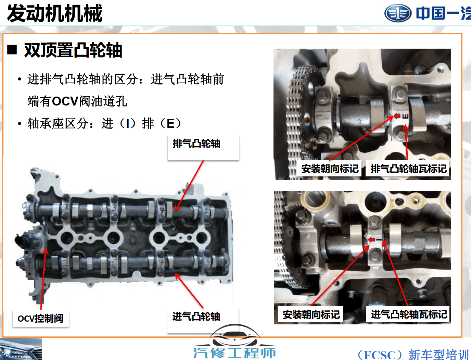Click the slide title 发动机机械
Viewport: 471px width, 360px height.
(55, 14)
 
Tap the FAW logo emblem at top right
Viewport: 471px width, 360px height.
(398, 13)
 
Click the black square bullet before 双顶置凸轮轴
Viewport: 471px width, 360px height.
(12, 50)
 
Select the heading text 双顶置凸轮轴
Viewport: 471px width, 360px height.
(73, 50)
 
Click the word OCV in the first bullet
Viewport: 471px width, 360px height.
(65, 101)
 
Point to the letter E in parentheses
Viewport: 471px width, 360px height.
(170, 123)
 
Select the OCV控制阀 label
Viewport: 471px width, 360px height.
(40, 319)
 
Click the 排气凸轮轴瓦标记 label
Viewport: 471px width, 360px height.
(408, 169)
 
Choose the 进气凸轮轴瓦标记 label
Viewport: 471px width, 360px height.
(409, 314)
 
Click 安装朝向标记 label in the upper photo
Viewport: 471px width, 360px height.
(330, 169)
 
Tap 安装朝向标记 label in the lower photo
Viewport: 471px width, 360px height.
(311, 314)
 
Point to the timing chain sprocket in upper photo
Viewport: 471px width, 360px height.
(301, 113)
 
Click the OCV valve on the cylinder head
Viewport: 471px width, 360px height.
(25, 240)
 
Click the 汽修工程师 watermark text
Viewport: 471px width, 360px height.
(234, 352)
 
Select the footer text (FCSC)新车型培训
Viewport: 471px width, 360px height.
(412, 355)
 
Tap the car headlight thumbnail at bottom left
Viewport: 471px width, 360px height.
(21, 349)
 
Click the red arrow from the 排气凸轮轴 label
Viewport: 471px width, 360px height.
(189, 185)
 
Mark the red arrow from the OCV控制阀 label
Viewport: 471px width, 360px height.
(43, 279)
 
